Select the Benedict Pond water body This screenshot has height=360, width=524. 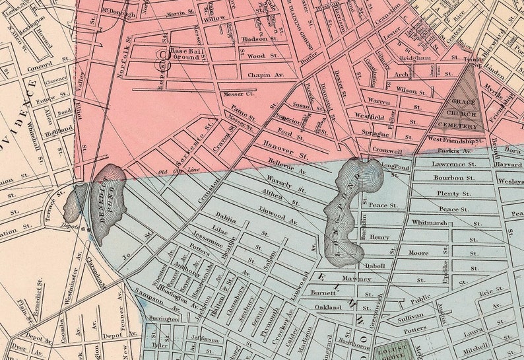[x=108, y=201]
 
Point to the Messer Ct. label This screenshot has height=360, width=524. [x=238, y=94]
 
